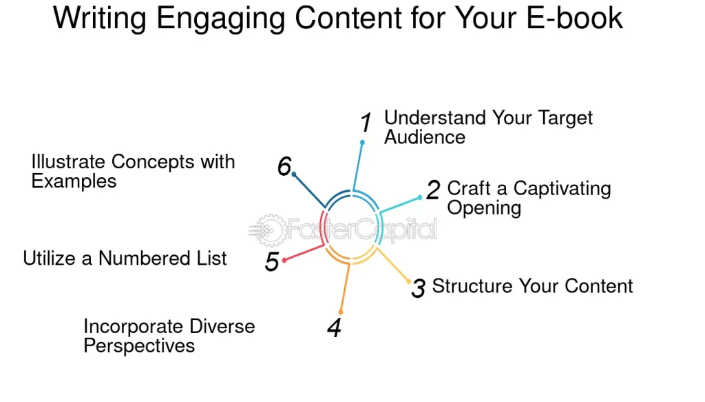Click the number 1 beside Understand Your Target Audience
(x=366, y=123)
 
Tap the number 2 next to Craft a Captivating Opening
(x=433, y=190)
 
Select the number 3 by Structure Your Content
(x=418, y=288)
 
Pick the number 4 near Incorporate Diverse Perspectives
(x=334, y=328)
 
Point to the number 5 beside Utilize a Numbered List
(x=273, y=262)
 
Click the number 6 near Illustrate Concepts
(x=284, y=166)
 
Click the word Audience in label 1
(x=425, y=137)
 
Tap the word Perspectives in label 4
(x=139, y=345)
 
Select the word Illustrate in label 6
(x=69, y=162)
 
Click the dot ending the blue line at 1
(x=362, y=143)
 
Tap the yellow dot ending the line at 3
(x=409, y=281)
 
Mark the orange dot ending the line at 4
(x=341, y=312)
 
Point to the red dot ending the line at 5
(x=284, y=260)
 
